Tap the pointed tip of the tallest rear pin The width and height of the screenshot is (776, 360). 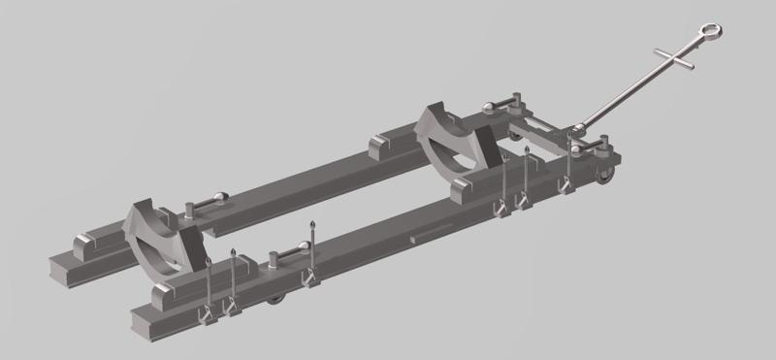click(312, 225)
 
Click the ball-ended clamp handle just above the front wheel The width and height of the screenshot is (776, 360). click(593, 147)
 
